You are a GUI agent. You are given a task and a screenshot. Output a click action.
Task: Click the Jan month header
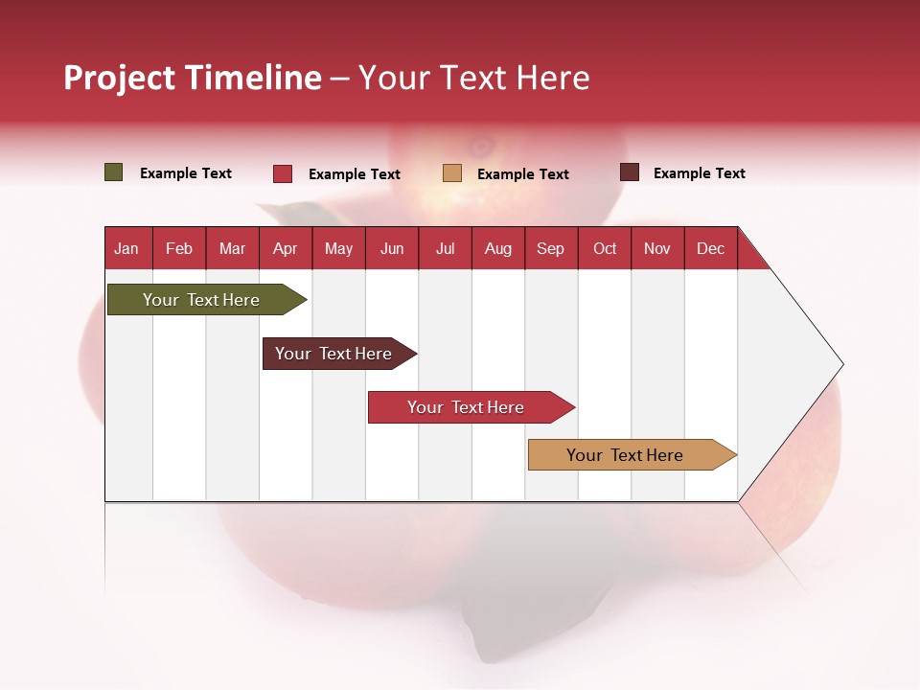click(x=127, y=248)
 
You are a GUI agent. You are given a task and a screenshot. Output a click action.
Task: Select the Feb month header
click(x=179, y=248)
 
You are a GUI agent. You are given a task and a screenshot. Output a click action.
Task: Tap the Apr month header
click(x=286, y=248)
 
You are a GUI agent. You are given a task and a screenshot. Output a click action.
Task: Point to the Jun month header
click(x=392, y=248)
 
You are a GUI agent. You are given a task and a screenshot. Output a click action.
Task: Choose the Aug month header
click(x=498, y=248)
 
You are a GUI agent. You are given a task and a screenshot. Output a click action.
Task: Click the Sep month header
click(x=551, y=248)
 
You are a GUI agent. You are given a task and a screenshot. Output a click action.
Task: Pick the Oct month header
click(x=605, y=248)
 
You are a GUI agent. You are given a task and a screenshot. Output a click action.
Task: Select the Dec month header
click(x=711, y=248)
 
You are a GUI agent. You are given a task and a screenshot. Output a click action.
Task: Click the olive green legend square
click(x=114, y=172)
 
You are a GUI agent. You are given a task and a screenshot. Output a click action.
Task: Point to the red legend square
click(x=283, y=173)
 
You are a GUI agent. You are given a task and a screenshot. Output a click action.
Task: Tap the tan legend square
click(x=452, y=173)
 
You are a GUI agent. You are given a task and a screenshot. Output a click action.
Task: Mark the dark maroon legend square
click(x=630, y=172)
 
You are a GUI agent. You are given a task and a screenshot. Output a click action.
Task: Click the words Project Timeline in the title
click(x=193, y=78)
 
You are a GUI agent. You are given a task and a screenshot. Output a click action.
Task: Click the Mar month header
click(x=233, y=248)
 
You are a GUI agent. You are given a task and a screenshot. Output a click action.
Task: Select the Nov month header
click(x=657, y=248)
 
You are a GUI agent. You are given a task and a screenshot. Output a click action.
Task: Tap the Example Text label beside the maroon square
click(x=700, y=173)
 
